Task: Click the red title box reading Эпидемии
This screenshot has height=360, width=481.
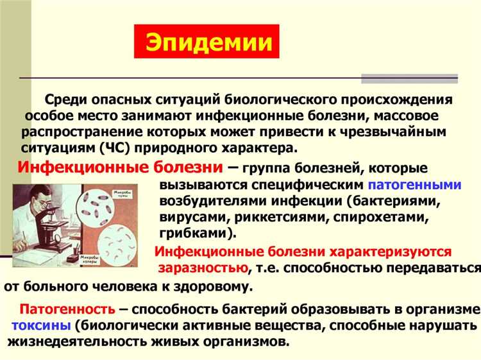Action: click(x=207, y=41)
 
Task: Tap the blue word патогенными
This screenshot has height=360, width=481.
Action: click(x=416, y=185)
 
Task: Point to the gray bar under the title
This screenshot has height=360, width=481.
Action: click(x=409, y=80)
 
